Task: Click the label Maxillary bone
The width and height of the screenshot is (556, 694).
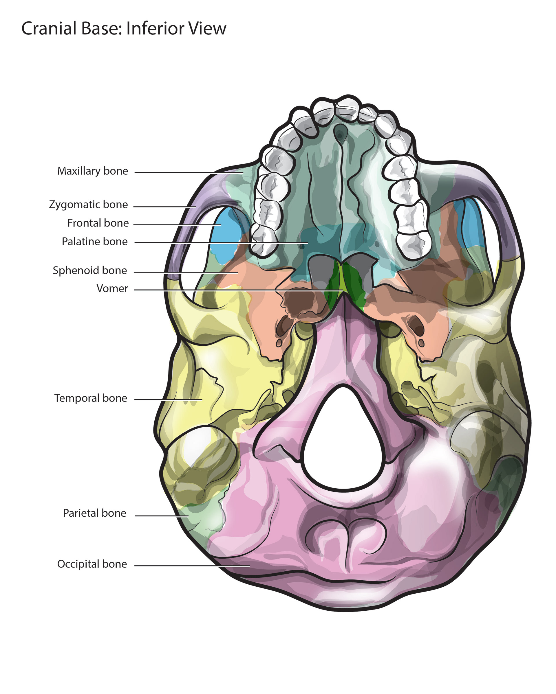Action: coord(92,171)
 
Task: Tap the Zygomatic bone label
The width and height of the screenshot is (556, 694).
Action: coord(88,205)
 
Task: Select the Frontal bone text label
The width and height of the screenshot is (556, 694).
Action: coord(98,223)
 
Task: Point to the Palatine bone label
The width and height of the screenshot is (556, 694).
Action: coord(94,242)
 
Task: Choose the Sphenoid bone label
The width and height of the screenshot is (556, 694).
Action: coord(89,270)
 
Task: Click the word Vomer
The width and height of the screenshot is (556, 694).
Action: coord(112,288)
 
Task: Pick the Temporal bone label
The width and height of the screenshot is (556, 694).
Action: coord(91,398)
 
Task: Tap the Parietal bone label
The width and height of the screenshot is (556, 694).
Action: coord(94,513)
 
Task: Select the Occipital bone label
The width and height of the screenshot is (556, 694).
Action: coord(92,564)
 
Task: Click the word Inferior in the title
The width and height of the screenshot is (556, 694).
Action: coord(156,28)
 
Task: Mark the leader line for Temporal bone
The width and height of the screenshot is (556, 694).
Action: coord(167,400)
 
